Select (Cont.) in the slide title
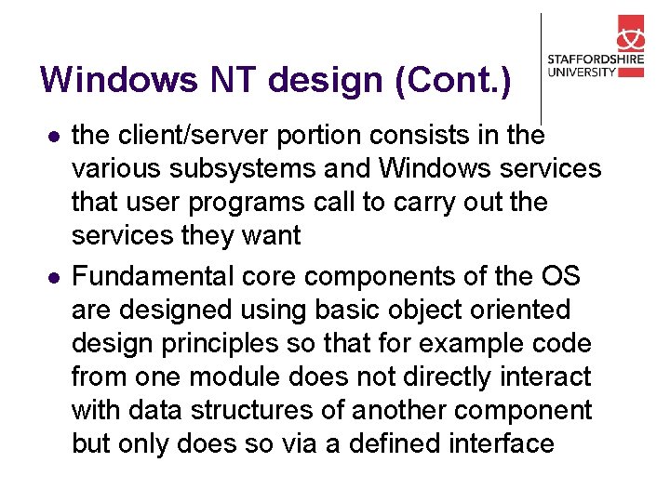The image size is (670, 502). pyautogui.click(x=453, y=80)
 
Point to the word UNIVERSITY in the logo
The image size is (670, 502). pyautogui.click(x=583, y=73)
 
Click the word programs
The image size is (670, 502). pyautogui.click(x=263, y=203)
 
